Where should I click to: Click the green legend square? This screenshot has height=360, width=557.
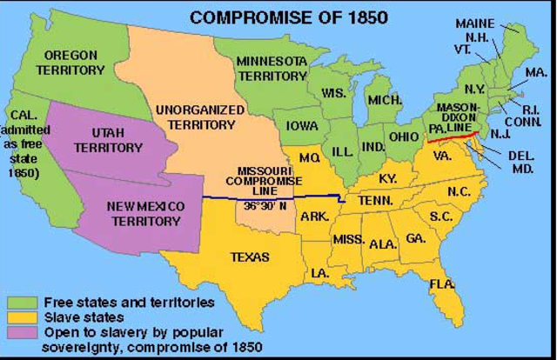17,303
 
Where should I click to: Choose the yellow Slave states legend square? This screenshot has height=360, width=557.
17,317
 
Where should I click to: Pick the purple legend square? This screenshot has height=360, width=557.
17,332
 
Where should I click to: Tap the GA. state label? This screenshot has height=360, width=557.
414,237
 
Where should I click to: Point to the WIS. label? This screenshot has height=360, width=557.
333,93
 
